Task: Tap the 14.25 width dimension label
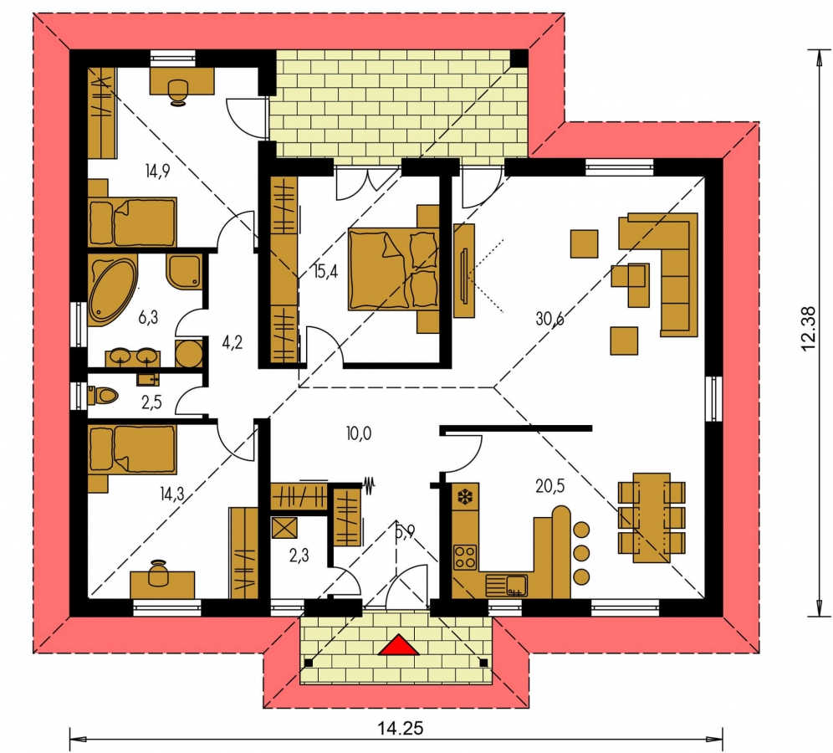401,728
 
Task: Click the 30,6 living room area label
549,319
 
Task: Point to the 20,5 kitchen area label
549,486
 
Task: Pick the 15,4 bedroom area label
325,272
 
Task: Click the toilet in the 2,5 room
103,396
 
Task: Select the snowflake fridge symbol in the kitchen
465,497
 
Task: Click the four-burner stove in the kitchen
465,557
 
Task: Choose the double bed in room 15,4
394,269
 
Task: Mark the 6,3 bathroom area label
148,318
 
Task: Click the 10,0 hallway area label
359,433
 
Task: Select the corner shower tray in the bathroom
185,272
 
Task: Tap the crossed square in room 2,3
284,529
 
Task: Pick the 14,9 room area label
156,172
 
